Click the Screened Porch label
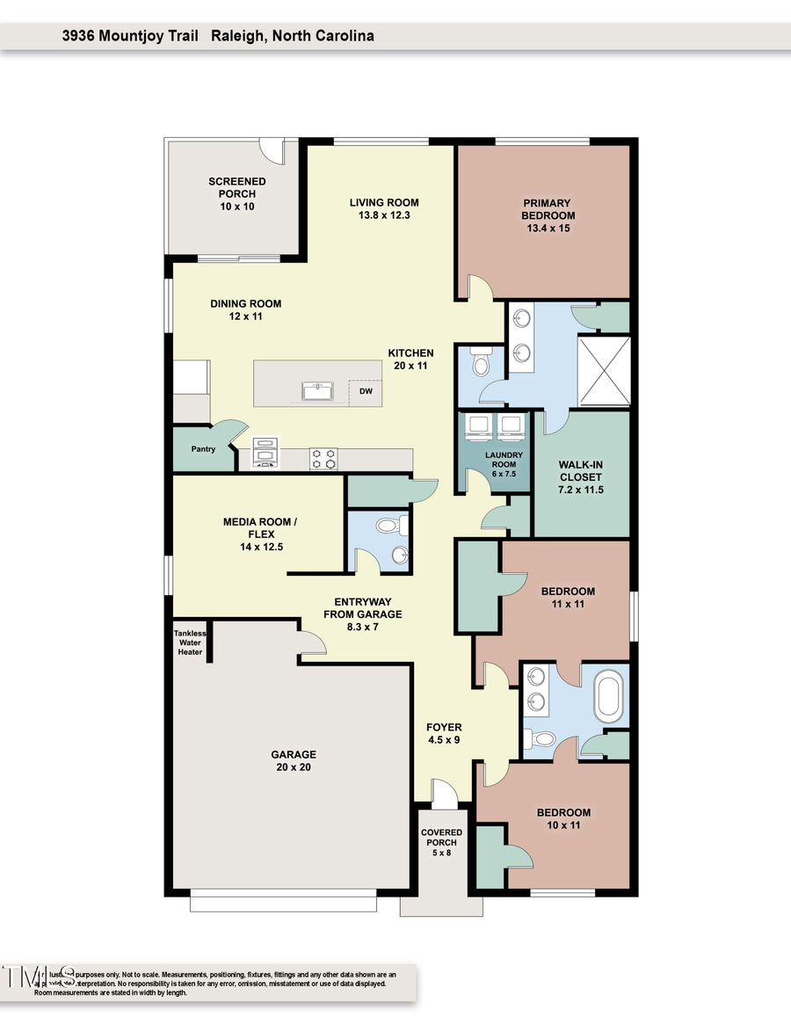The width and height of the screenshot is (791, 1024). click(236, 193)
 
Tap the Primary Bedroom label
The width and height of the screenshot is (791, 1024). click(548, 216)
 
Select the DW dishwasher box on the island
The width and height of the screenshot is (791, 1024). click(365, 393)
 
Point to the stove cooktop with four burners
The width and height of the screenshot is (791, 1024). click(323, 459)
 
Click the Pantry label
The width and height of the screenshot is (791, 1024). click(203, 449)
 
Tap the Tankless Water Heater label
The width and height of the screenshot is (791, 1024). click(189, 643)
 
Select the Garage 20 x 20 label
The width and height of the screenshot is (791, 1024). click(293, 760)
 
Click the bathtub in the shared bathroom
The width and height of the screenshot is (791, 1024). click(609, 693)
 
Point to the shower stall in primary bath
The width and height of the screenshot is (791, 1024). click(604, 371)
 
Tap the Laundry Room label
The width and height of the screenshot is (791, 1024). click(504, 464)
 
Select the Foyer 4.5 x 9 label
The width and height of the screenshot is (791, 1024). click(444, 733)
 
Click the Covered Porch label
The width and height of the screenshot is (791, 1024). click(441, 842)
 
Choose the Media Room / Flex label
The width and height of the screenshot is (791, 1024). click(260, 534)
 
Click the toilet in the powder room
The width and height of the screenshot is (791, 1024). click(387, 526)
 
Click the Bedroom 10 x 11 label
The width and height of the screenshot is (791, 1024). click(563, 819)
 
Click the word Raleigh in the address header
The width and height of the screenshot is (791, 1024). click(243, 36)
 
